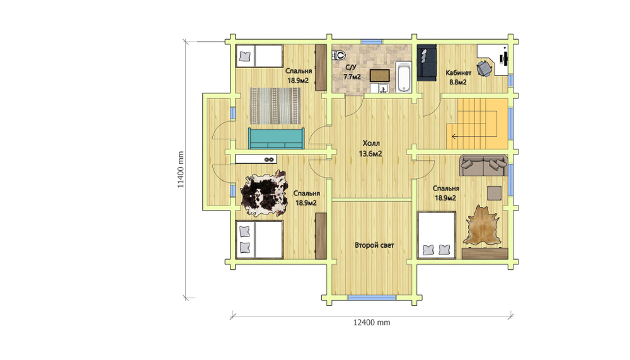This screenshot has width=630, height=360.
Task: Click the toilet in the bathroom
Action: pos(340,55)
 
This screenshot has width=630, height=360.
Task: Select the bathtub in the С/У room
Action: pos(403,77)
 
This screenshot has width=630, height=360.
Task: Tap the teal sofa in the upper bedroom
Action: pos(276,138)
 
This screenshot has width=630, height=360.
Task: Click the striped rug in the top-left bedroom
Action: pos(275,106)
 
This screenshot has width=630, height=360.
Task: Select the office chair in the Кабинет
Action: pos(484,68)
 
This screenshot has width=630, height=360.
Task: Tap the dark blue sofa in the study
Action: pos(427,62)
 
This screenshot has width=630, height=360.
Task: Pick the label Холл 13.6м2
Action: pos(370,148)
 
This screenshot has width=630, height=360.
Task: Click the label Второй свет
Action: pos(374,245)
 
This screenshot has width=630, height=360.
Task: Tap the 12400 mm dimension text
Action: pos(372,322)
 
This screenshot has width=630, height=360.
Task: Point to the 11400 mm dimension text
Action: pos(181,170)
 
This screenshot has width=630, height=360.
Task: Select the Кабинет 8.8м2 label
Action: pos(458,77)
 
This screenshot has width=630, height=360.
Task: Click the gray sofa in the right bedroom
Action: pos(483,165)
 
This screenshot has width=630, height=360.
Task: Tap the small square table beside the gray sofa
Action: pos(494,193)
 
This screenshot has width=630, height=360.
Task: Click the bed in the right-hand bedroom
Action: pos(437,235)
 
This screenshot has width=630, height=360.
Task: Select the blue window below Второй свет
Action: pos(372,298)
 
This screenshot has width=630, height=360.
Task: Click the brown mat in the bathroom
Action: pos(380,75)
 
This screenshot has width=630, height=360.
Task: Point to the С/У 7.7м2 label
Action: pos(352,72)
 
